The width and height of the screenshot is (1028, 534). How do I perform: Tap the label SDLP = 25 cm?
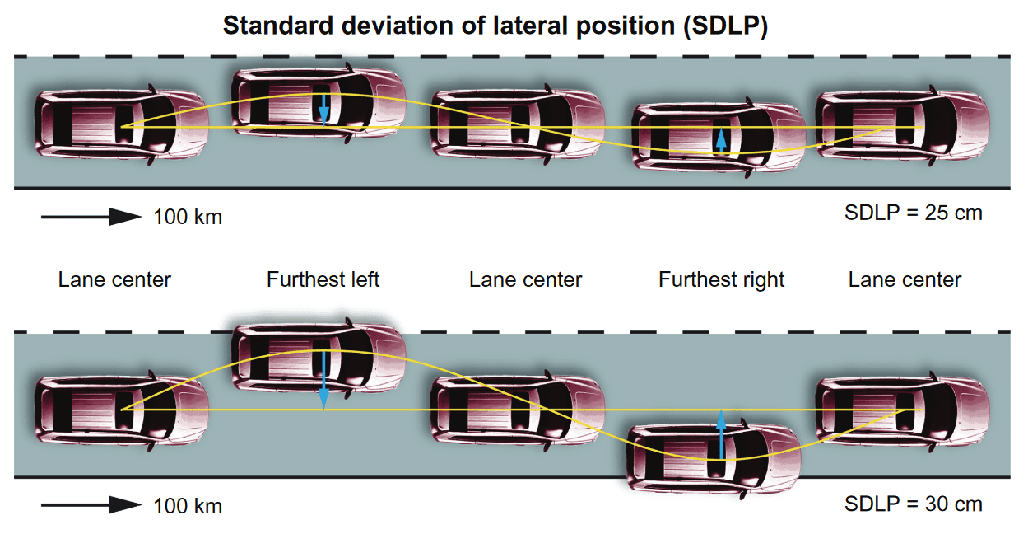913,213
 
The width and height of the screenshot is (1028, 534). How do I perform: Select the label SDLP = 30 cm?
913,504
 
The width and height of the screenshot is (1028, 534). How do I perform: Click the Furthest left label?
323,280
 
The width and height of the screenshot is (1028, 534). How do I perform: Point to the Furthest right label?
721,280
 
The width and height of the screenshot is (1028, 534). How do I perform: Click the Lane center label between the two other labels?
525,280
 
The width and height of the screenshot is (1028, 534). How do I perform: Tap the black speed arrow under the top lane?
91,217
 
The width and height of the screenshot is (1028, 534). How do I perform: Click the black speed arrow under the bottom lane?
91,504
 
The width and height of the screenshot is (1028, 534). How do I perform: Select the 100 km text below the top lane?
188,218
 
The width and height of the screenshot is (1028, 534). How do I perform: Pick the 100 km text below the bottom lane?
188,505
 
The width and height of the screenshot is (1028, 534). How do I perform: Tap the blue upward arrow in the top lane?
721,139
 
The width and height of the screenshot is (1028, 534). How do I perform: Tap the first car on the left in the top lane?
121,124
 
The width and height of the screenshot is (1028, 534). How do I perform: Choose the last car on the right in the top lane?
901,124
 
